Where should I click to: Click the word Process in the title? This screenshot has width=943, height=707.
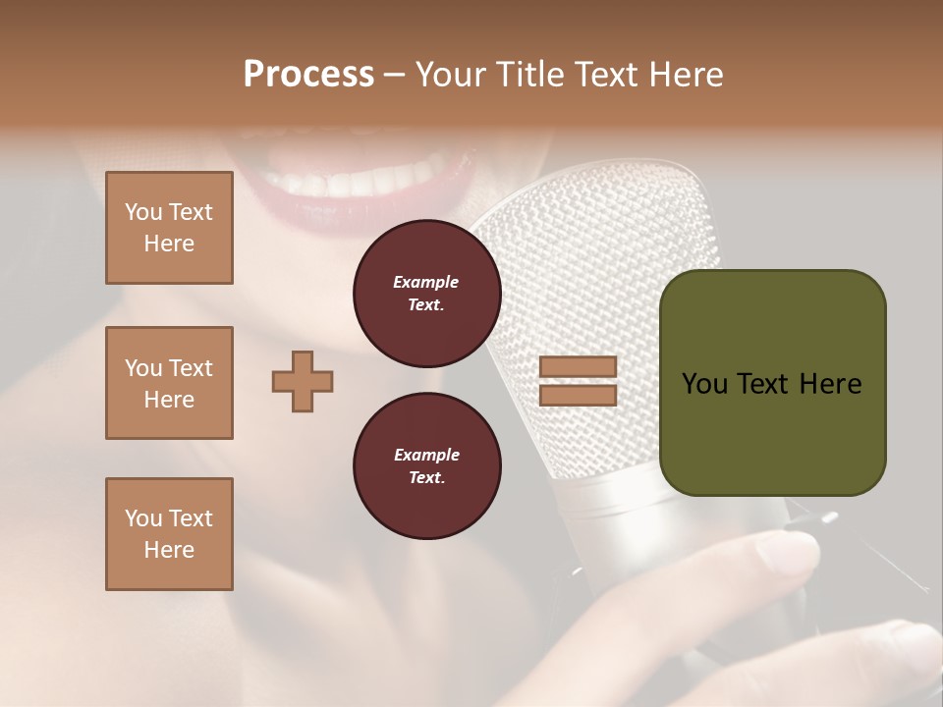tap(308, 75)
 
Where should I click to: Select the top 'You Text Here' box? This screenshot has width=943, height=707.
tap(169, 228)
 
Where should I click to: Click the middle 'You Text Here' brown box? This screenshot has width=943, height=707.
tap(169, 383)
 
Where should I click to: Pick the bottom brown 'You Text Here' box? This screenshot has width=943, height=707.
tap(169, 533)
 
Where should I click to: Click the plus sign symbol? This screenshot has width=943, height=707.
tap(303, 381)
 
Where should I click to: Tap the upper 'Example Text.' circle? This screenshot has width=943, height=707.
tap(427, 294)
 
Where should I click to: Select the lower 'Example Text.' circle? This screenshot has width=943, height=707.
tap(427, 466)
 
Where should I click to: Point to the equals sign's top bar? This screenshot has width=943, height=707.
tap(579, 367)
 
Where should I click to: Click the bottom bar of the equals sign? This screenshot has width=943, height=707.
tap(579, 395)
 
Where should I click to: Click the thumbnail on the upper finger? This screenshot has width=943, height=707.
tap(791, 554)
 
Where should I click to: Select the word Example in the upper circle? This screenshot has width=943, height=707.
tap(426, 282)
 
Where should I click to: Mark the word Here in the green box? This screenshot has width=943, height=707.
tap(830, 384)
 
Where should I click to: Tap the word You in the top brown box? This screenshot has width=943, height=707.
tap(142, 212)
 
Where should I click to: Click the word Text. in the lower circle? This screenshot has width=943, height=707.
tap(426, 478)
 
